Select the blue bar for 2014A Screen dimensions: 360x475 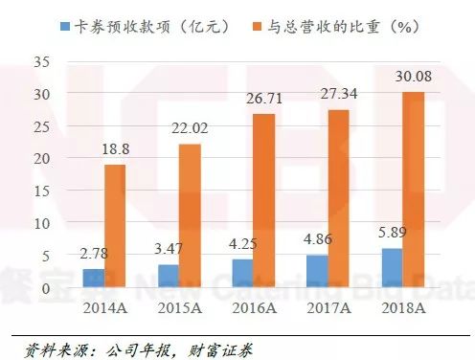click(x=94, y=278)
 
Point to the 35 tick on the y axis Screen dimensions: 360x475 click(x=40, y=62)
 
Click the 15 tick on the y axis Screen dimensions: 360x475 click(x=40, y=191)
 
